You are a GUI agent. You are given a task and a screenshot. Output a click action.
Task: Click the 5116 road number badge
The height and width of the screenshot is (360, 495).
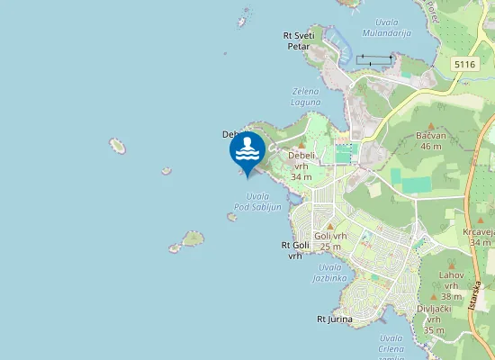point(464,65)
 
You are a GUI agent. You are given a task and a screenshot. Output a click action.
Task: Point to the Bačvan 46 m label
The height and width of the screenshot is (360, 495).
point(430,140)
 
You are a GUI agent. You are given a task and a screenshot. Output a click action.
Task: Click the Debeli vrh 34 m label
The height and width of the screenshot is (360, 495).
point(301,166)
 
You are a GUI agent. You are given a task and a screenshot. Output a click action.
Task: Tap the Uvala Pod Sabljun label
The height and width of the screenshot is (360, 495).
point(258,202)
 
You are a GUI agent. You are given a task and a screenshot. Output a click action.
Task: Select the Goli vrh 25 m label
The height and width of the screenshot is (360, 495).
point(328,241)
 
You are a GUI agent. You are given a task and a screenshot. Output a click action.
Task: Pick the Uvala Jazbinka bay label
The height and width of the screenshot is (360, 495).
point(330,273)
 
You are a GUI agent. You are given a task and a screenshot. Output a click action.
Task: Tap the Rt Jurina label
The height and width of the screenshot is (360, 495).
point(335,319)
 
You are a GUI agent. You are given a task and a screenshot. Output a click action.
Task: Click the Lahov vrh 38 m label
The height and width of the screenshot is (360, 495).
point(451,285)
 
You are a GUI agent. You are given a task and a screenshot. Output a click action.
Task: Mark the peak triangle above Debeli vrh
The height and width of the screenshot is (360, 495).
point(301,145)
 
